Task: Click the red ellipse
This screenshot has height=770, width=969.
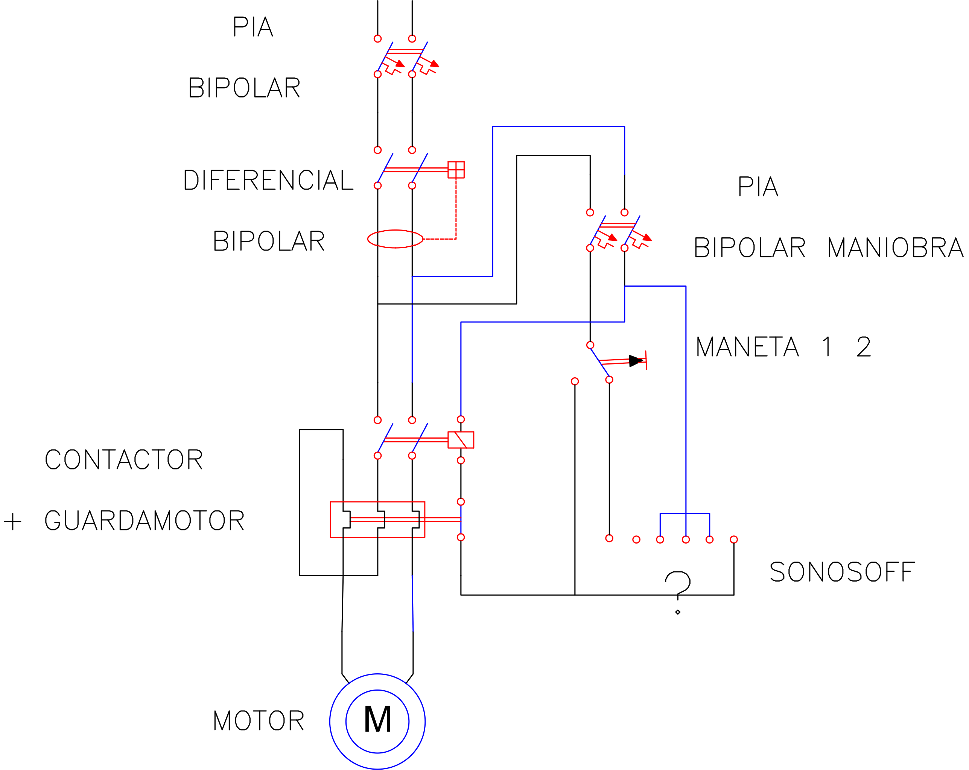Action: pyautogui.click(x=395, y=239)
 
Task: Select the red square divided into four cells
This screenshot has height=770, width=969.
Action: pyautogui.click(x=456, y=170)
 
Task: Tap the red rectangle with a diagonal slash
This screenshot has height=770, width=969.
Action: pyautogui.click(x=461, y=440)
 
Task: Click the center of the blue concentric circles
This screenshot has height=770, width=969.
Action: pyautogui.click(x=377, y=721)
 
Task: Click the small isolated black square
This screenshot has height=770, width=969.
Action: pyautogui.click(x=863, y=346)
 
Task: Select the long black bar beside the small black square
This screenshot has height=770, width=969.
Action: pyautogui.click(x=762, y=346)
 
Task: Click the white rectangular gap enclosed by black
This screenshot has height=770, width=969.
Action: pyautogui.click(x=524, y=469)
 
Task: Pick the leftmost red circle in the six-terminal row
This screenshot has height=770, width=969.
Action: pyautogui.click(x=609, y=538)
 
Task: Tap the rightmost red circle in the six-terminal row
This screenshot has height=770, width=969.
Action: pyautogui.click(x=734, y=539)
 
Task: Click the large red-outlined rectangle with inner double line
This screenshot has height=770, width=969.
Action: pyautogui.click(x=377, y=519)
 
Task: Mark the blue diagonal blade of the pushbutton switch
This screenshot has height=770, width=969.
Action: pyautogui.click(x=599, y=362)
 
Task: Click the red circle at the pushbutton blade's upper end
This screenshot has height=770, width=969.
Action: pyautogui.click(x=590, y=345)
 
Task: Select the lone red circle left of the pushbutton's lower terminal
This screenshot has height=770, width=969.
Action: pyautogui.click(x=574, y=381)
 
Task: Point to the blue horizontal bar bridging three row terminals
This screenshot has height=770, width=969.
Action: pyautogui.click(x=685, y=513)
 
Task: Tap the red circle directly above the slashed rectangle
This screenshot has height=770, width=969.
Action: pyautogui.click(x=461, y=419)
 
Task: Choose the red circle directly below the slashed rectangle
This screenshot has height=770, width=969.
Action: pyautogui.click(x=461, y=460)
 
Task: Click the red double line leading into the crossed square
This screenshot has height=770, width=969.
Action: pyautogui.click(x=416, y=170)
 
